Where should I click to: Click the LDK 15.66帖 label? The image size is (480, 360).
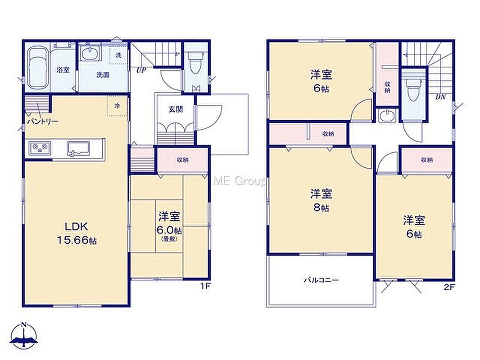tap(77, 233)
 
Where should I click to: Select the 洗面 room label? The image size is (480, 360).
tap(103, 75)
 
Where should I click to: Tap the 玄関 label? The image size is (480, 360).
tap(176, 109)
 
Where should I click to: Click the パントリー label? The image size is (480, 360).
tap(42, 121)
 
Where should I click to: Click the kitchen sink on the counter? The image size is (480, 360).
tap(79, 148)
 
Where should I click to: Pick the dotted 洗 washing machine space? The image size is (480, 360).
tap(118, 55)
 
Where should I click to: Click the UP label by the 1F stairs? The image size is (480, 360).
tap(141, 70)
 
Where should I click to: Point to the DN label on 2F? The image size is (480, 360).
tap(440, 97)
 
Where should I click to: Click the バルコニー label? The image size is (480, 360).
tap(321, 280)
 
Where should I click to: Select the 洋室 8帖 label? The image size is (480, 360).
tap(321, 200)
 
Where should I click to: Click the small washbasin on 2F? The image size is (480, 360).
tap(387, 116)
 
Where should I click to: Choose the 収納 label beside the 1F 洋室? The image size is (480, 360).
tap(182, 160)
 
